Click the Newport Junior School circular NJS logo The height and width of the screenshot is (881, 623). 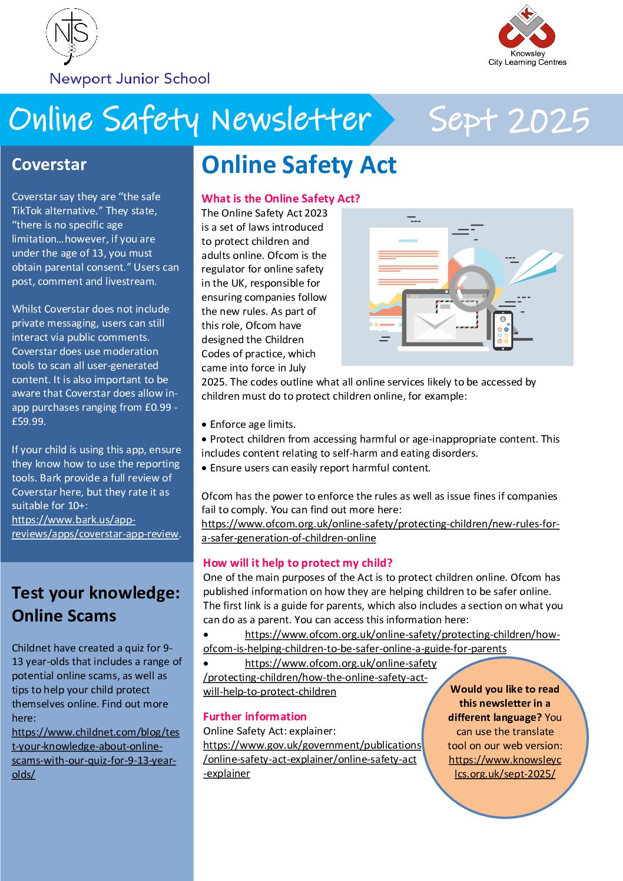coord(71,35)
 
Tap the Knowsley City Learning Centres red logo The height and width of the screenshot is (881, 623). coord(526,29)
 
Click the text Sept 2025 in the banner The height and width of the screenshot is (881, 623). coord(509,120)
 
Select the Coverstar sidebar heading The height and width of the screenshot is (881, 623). coord(49,165)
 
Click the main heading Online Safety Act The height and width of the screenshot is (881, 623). coord(299,165)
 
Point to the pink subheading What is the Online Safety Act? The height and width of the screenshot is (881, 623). coord(280,198)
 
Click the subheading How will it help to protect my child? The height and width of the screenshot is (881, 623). coord(297,563)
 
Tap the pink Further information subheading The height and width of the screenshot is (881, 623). coord(254,716)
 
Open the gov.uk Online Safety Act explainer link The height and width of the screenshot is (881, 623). coord(311,759)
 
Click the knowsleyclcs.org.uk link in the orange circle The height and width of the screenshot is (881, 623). coord(505,767)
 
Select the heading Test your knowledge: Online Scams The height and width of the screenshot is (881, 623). coord(95,604)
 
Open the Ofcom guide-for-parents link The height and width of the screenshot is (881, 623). coord(382,641)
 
